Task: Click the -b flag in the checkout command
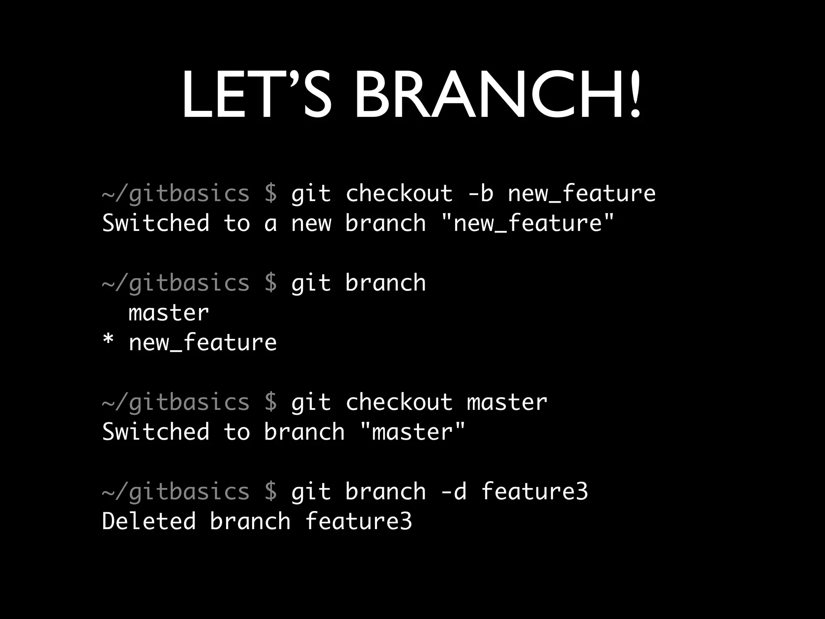480,193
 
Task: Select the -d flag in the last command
454,492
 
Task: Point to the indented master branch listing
169,313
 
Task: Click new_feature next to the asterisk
203,343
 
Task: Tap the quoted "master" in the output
412,432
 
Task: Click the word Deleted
149,521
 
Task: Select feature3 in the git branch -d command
535,492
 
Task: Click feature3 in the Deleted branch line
359,521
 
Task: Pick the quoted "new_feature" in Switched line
527,223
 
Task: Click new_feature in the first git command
581,193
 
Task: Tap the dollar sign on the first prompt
271,193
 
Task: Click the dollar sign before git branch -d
271,492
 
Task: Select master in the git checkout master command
507,402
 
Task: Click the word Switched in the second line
156,223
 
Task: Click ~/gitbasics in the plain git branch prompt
176,283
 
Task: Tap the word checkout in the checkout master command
399,402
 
